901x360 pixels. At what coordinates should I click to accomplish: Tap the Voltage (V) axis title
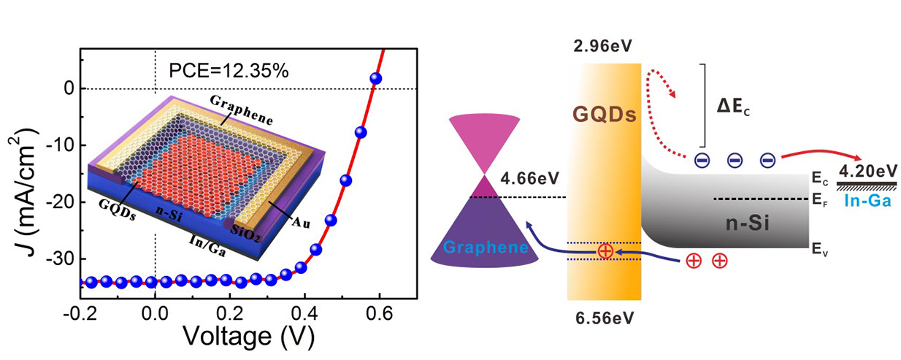[248, 337]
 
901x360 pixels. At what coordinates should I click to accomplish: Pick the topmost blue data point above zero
[377, 78]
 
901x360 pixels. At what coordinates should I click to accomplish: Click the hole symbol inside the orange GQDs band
[605, 250]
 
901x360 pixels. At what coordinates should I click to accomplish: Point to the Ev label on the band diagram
[819, 249]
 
